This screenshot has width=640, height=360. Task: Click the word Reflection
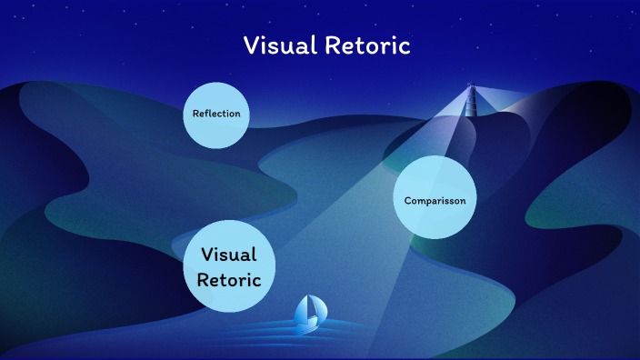click(216, 114)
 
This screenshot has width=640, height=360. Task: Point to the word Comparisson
click(435, 200)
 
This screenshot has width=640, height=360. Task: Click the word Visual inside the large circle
click(229, 255)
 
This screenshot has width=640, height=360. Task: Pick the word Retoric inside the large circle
click(229, 280)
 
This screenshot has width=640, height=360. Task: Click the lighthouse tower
click(471, 102)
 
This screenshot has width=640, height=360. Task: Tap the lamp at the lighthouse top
click(471, 86)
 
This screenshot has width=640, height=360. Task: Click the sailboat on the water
click(309, 314)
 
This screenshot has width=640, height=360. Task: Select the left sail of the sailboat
click(303, 312)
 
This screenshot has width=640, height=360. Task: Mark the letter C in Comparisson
click(407, 200)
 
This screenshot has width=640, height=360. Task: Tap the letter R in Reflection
click(195, 114)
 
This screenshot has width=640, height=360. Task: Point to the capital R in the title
click(333, 46)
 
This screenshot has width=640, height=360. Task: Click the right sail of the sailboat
click(315, 309)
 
